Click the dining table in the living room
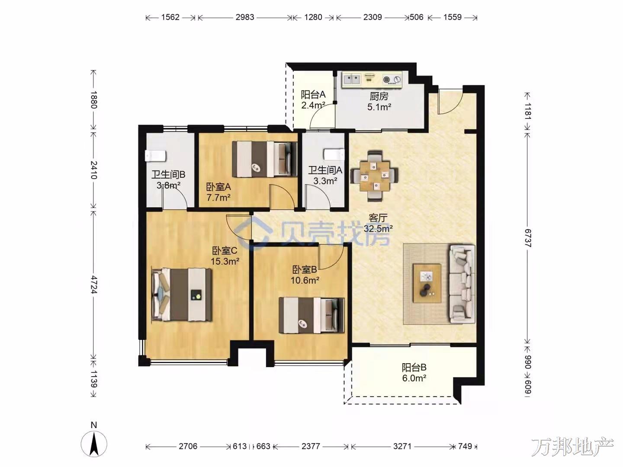point(374,176)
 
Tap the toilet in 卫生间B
point(156,156)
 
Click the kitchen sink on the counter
point(352,79)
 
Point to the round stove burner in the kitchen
point(387,80)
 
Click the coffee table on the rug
point(427,283)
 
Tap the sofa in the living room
point(462,284)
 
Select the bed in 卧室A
point(264,159)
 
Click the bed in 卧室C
point(182,294)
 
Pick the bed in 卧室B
point(311,315)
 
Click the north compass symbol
point(94,444)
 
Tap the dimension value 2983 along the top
point(245,17)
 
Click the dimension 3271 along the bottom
point(402,446)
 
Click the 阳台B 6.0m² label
point(414,373)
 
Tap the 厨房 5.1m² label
point(379,102)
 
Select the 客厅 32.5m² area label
point(378,223)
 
